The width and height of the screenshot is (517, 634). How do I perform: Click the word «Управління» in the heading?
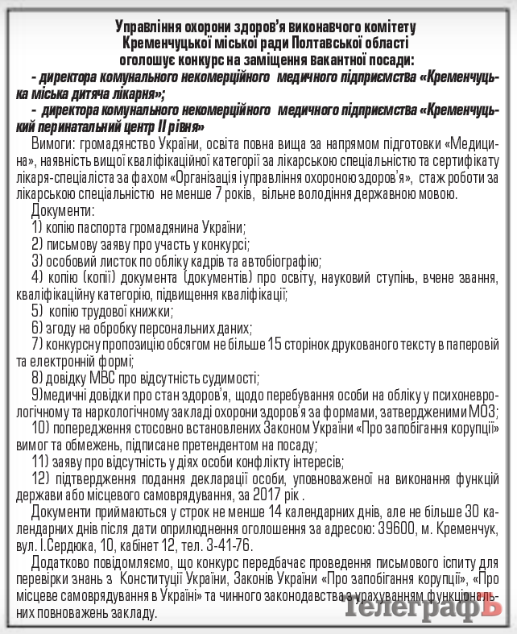[149, 27]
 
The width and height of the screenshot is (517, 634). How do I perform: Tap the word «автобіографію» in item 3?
[282, 261]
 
